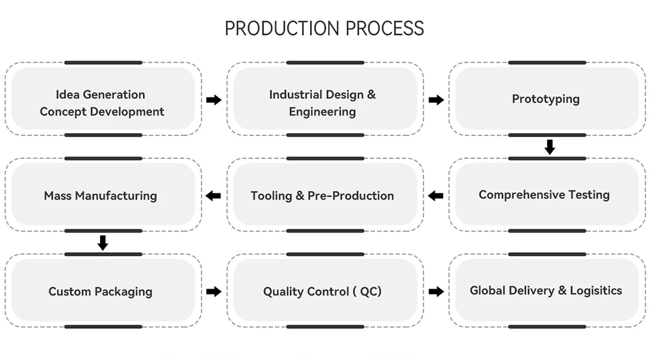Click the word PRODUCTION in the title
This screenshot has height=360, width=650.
click(x=282, y=29)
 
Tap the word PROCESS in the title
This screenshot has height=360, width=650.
click(x=385, y=29)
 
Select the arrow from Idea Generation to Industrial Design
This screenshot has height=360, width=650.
click(x=214, y=100)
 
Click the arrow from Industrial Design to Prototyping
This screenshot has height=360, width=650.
click(x=436, y=100)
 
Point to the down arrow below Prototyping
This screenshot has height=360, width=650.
click(x=550, y=147)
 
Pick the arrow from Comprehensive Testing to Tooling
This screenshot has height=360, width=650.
click(x=435, y=196)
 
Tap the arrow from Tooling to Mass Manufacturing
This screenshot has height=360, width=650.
click(x=213, y=196)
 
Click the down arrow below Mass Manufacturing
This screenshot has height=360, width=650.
click(x=103, y=243)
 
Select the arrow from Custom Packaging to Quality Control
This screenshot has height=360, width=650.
click(x=214, y=292)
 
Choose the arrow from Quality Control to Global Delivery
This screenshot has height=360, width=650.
click(x=436, y=292)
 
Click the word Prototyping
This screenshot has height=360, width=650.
click(x=545, y=99)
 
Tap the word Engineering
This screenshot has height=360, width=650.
click(x=322, y=112)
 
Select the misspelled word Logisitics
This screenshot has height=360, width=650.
click(x=595, y=291)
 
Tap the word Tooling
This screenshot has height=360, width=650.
click(x=271, y=196)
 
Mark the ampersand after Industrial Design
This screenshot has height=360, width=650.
click(x=371, y=94)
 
